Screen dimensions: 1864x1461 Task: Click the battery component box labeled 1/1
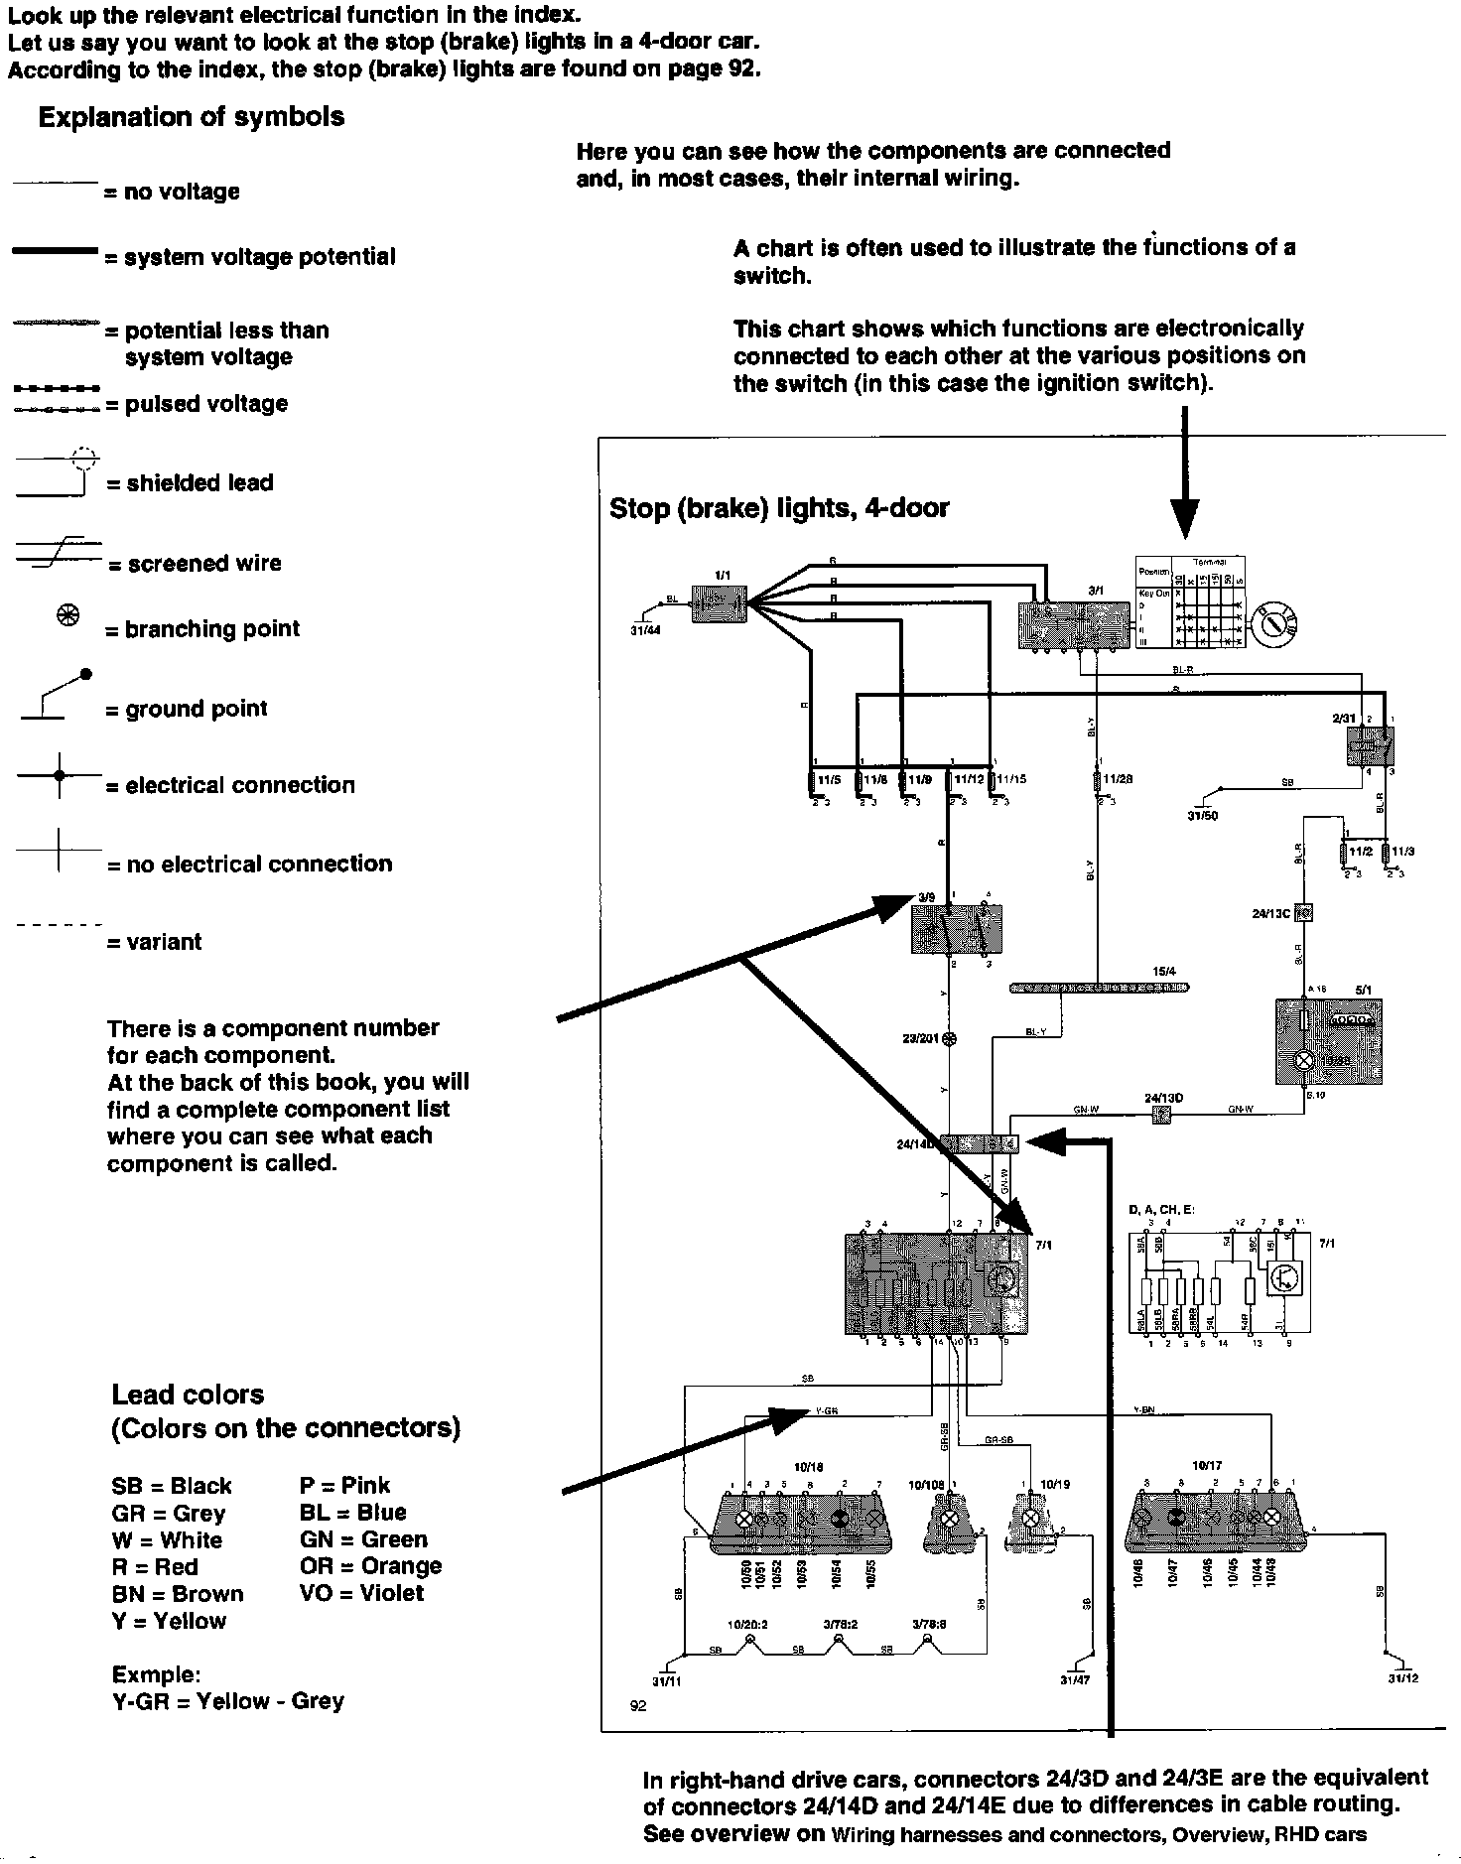[718, 603]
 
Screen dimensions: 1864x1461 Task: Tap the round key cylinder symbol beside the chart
[1273, 623]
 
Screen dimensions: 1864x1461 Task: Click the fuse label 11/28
[1118, 779]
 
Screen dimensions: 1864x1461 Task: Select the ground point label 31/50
[1202, 816]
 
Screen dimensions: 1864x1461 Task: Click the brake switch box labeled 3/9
[956, 928]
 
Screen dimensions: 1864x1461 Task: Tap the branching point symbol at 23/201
[950, 1038]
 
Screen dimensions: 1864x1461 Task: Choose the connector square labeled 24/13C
[1305, 912]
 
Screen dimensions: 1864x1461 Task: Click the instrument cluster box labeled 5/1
[1327, 1041]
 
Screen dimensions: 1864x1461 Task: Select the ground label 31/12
[1402, 1679]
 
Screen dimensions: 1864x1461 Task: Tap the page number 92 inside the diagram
[638, 1706]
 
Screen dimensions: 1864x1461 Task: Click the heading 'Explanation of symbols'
[192, 117]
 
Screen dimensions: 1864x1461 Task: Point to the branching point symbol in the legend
[67, 617]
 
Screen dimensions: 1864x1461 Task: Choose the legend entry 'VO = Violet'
[361, 1593]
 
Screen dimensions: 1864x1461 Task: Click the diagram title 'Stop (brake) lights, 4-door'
[779, 508]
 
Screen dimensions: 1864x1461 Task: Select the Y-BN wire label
[1143, 1409]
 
